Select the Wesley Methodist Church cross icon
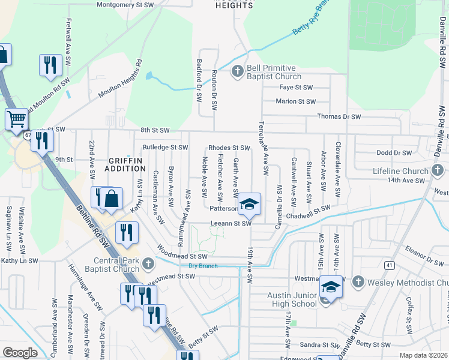[x=358, y=282]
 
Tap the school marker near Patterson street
[x=249, y=206]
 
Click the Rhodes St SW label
[x=229, y=148]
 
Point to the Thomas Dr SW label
[x=339, y=116]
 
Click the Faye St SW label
[x=297, y=87]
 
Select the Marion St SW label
[x=295, y=101]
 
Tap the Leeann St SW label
[x=230, y=223]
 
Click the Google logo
[x=20, y=353]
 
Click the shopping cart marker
[x=17, y=119]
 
